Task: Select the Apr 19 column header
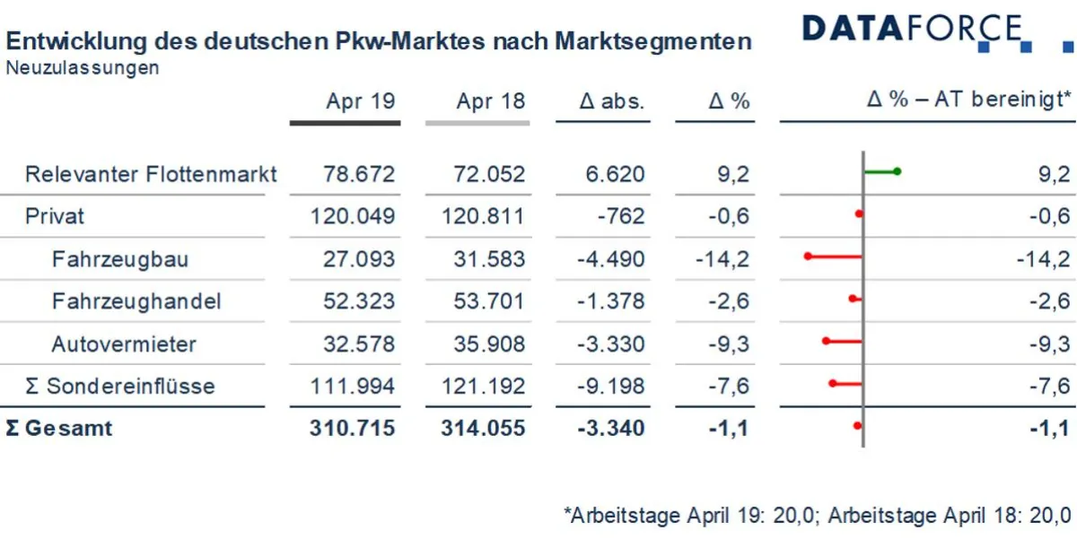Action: click(360, 101)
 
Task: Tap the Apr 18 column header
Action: click(490, 101)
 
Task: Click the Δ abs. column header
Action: click(612, 101)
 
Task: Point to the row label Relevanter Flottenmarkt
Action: click(151, 174)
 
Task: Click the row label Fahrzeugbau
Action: click(119, 259)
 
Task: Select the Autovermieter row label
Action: click(124, 343)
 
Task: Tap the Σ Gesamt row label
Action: click(59, 428)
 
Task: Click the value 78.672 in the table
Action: click(359, 174)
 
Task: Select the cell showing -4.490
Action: click(610, 259)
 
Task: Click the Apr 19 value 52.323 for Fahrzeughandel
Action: click(359, 301)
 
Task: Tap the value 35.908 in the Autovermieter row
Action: click(490, 343)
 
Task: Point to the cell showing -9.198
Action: click(610, 386)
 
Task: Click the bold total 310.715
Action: click(353, 428)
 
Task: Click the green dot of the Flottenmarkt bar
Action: click(897, 171)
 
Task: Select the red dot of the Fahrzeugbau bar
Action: click(808, 256)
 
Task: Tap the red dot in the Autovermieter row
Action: click(826, 341)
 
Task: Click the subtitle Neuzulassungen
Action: click(83, 67)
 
